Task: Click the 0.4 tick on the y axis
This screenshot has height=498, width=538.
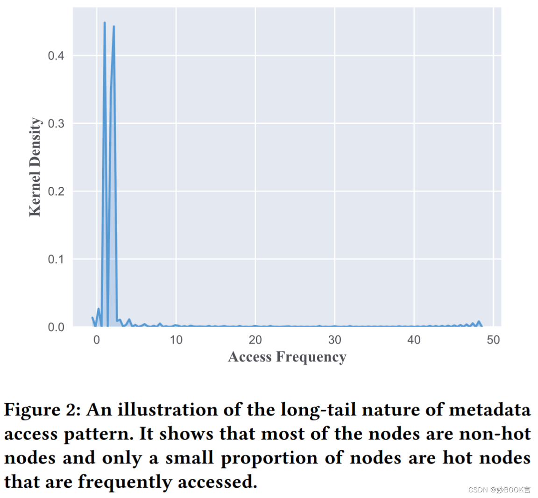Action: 56,56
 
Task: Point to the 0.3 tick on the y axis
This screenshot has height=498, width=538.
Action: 56,124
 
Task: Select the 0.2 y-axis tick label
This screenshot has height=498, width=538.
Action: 56,192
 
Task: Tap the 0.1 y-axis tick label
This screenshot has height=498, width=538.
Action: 56,259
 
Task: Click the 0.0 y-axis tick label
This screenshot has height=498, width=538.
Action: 56,327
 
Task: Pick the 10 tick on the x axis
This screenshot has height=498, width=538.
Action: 176,340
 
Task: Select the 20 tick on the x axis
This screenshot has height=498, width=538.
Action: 255,340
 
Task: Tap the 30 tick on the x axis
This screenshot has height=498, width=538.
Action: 335,340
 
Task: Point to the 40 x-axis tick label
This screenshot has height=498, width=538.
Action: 414,340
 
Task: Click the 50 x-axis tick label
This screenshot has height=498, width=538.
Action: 494,340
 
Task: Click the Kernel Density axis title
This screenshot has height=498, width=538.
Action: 35,167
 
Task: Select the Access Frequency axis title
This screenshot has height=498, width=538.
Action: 287,357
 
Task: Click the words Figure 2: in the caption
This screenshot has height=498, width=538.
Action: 43,410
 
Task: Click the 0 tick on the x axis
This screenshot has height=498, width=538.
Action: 97,340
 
